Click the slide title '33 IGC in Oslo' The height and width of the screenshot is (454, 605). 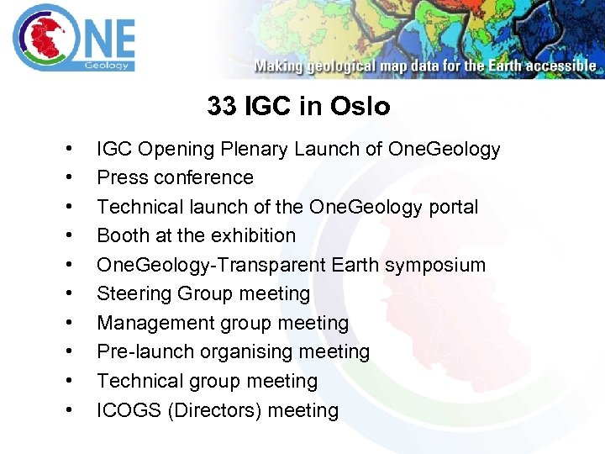298,107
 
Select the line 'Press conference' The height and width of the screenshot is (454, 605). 175,178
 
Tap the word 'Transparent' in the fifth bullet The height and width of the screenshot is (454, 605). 272,265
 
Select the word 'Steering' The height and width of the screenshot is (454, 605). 134,294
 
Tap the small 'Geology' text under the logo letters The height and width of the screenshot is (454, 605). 106,65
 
